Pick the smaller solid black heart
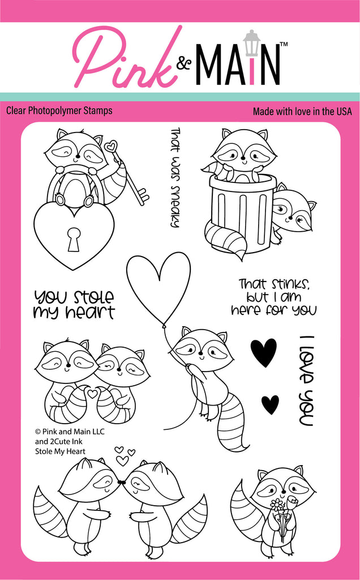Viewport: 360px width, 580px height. pyautogui.click(x=270, y=404)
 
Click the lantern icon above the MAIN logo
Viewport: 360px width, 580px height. pyautogui.click(x=252, y=40)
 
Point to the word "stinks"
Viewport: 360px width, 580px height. pyautogui.click(x=288, y=284)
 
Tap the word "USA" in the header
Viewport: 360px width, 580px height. pyautogui.click(x=343, y=112)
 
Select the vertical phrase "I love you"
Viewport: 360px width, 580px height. pyautogui.click(x=306, y=381)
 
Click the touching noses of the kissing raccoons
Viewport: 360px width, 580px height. pyautogui.click(x=121, y=481)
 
